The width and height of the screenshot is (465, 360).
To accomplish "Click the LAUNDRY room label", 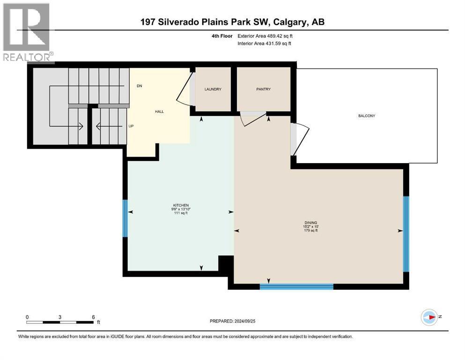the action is pos(213,89).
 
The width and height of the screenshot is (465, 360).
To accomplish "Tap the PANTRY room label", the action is pos(263,89).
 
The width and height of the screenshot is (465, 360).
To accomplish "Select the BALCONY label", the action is pos(367,116).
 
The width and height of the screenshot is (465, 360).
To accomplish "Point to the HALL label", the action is pos(159,112).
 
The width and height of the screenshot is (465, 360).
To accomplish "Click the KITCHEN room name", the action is pos(181,205).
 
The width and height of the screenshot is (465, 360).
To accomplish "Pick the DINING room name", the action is pos(311,223).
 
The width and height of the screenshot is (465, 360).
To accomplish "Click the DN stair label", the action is pos(140,86).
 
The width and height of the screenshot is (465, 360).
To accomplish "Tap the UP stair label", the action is pos(131,126).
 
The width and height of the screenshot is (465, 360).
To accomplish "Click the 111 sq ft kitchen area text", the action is pos(181,213).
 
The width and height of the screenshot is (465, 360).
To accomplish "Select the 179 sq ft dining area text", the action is pos(311,230).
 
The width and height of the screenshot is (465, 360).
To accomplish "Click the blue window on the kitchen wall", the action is pos(125,218).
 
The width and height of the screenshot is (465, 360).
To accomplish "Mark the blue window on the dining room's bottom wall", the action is pos(296,286).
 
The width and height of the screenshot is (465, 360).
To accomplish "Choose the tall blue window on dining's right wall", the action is pos(406,234).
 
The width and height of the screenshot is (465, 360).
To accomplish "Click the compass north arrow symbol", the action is pos(429,317).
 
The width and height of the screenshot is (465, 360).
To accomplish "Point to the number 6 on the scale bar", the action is pos(93,317).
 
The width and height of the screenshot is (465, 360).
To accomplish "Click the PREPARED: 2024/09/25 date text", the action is pos(232,321).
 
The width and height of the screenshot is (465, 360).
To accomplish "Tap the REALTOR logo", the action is pos(27,33).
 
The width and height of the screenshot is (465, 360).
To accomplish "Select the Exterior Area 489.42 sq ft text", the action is pos(265,36).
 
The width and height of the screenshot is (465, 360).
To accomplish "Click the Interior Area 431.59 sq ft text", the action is pos(264,43).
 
